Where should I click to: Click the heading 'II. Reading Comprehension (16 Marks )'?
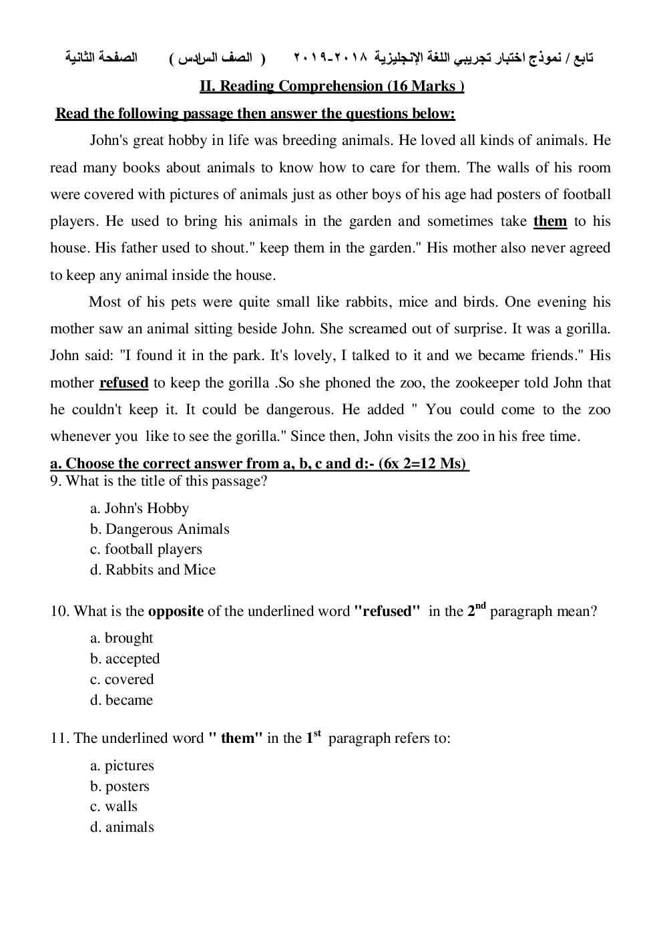coord(332,86)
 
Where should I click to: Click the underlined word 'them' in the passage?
coord(550,221)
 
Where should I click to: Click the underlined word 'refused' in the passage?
coord(124,383)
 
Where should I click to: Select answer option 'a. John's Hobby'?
coord(140,508)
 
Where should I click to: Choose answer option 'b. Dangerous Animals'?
coord(160,529)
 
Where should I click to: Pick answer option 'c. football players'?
coord(146,549)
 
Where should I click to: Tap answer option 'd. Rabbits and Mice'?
coord(153,570)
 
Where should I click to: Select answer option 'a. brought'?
coord(122,638)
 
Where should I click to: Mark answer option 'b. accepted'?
coord(125,659)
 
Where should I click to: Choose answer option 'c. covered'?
coord(122,679)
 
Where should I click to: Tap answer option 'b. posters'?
coord(120,786)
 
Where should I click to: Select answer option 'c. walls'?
coord(114,806)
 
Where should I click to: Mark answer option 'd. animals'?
coord(122,827)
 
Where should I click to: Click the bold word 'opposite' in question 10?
coord(176,611)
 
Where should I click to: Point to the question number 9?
coord(54,481)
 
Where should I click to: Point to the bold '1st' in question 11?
coord(313,737)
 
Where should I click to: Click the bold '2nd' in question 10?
coord(476,610)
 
